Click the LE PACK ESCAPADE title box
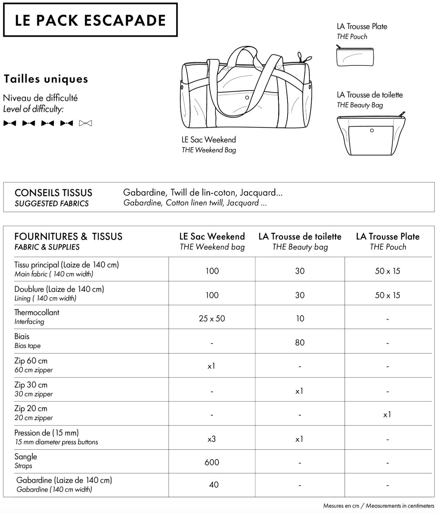90,20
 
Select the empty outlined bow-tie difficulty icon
85,123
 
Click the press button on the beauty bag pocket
372,130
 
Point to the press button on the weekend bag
247,98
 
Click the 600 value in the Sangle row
212,462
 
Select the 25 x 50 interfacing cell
212,318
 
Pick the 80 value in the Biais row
300,343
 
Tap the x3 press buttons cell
212,439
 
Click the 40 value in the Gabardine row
213,485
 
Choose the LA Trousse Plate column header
388,241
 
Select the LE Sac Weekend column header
212,241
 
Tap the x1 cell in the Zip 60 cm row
211,366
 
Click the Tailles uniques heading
46,79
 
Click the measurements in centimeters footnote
378,506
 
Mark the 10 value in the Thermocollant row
300,318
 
